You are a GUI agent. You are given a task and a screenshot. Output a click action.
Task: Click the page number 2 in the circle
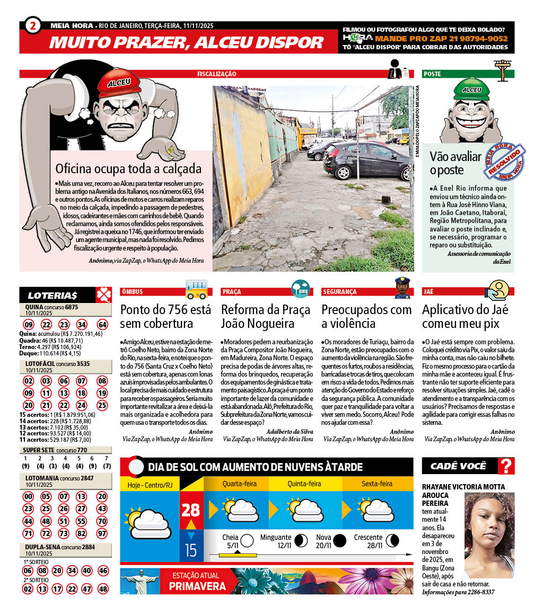[x=32, y=25]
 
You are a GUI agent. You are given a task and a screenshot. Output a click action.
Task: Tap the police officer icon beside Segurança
[x=403, y=288]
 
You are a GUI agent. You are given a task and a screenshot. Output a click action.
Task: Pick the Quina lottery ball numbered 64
[x=102, y=325]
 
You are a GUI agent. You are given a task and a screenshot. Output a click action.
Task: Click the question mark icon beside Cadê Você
[x=507, y=466]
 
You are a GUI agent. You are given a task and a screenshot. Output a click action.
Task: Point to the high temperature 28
[x=190, y=510]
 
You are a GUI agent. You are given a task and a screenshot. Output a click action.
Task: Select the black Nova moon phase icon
[x=339, y=540]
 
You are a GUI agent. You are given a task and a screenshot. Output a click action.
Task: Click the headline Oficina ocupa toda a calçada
[x=128, y=169]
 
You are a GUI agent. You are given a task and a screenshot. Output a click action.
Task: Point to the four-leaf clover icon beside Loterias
[x=103, y=295]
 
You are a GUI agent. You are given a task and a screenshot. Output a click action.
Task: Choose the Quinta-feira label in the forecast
[x=304, y=484]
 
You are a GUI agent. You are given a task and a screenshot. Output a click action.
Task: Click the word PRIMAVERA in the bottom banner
[x=197, y=586]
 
